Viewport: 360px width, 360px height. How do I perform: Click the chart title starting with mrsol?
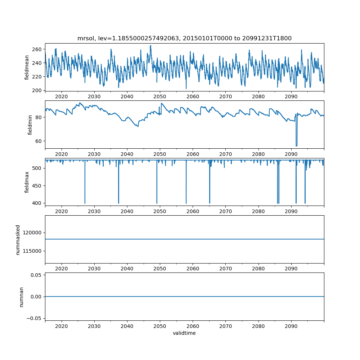pyautogui.click(x=184, y=38)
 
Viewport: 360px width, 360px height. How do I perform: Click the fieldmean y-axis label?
pyautogui.click(x=27, y=68)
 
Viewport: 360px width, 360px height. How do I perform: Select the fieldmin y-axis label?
pyautogui.click(x=30, y=125)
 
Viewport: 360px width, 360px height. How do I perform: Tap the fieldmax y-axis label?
pyautogui.click(x=27, y=182)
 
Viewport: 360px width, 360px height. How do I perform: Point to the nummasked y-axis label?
pyautogui.click(x=18, y=240)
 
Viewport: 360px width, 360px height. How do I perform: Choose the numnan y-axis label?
pyautogui.click(x=21, y=297)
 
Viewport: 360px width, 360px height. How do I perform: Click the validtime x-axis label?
pyautogui.click(x=184, y=333)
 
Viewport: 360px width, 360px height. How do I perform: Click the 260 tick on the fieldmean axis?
pyautogui.click(x=37, y=49)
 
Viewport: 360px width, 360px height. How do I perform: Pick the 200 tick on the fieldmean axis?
pyautogui.click(x=37, y=90)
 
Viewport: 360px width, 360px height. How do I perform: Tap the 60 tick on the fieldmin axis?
pyautogui.click(x=39, y=141)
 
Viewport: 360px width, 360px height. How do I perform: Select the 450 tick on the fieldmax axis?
pyautogui.click(x=37, y=186)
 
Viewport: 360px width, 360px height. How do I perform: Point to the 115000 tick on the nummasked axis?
pyautogui.click(x=32, y=251)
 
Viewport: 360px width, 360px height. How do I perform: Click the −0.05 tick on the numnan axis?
pyautogui.click(x=34, y=318)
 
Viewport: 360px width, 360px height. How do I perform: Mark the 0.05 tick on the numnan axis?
pyautogui.click(x=36, y=275)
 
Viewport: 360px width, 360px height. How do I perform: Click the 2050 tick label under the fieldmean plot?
pyautogui.click(x=160, y=96)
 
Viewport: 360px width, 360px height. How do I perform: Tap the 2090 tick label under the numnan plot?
pyautogui.click(x=291, y=326)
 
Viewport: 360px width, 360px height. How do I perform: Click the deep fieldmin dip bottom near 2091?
pyautogui.click(x=296, y=146)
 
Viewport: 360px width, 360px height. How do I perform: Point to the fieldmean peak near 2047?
pyautogui.click(x=150, y=46)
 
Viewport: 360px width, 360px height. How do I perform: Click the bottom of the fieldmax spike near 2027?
pyautogui.click(x=85, y=203)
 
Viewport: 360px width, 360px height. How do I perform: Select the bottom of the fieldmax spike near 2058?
pyautogui.click(x=186, y=203)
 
